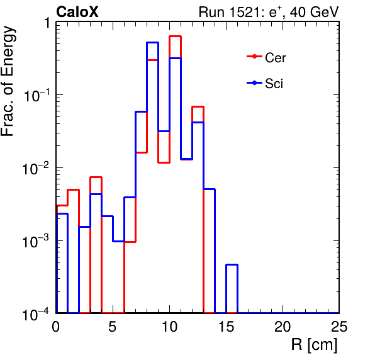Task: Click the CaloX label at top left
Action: [x=77, y=12]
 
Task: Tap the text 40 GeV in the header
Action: [x=314, y=12]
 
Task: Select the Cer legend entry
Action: [x=266, y=58]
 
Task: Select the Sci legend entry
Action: [x=265, y=84]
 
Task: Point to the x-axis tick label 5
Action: [x=112, y=327]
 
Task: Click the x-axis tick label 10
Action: [x=169, y=327]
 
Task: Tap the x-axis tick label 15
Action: [x=227, y=327]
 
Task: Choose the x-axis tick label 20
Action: [x=283, y=327]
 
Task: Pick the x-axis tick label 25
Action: [x=339, y=327]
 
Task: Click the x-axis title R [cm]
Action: [x=314, y=345]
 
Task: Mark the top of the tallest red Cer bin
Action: [x=176, y=37]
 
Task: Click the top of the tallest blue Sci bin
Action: [x=153, y=43]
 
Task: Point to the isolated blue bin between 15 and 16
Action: [x=232, y=265]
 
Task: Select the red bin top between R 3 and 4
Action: [x=96, y=177]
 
